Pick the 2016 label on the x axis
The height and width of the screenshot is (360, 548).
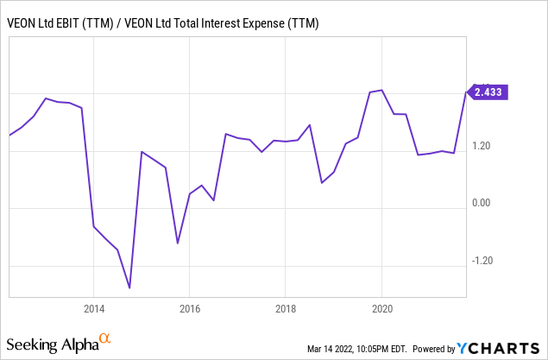coord(190,309)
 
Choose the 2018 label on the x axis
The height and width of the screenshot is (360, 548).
coord(287,309)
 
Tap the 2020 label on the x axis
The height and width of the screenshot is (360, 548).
coord(383,309)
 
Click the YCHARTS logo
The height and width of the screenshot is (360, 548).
coord(486,348)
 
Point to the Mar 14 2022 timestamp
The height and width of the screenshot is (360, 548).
coord(363,349)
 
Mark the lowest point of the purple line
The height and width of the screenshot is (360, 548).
coord(129,288)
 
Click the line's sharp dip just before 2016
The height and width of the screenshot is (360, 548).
coord(178,243)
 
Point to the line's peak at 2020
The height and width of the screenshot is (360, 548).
coord(382,90)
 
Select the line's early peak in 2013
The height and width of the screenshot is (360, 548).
coord(46,98)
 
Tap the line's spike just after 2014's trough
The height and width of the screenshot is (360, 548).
coord(142,152)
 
